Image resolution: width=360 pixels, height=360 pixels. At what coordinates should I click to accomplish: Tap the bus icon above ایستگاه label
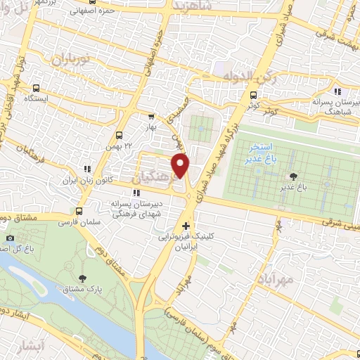click(x=37, y=88)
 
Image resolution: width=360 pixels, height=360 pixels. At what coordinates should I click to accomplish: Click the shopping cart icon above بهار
click(x=151, y=117)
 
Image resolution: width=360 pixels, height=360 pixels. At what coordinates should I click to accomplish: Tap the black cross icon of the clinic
click(x=186, y=226)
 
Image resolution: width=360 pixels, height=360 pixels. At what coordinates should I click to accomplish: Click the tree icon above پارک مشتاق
click(x=84, y=278)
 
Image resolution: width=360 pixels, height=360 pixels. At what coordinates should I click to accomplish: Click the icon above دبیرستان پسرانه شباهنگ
click(x=337, y=91)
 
